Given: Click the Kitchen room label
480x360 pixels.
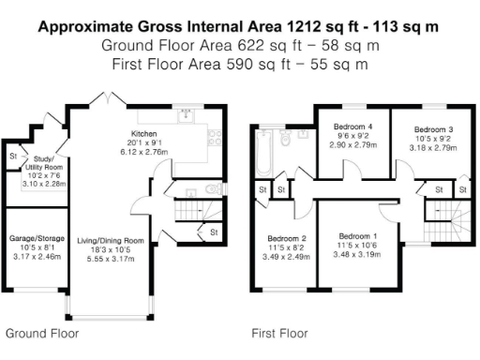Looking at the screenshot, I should click(145, 134).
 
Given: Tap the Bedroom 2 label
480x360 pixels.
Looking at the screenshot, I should click(286, 238).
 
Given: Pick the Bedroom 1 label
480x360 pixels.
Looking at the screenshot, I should click(358, 235).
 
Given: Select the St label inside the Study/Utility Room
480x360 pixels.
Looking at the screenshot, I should click(13, 155).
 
